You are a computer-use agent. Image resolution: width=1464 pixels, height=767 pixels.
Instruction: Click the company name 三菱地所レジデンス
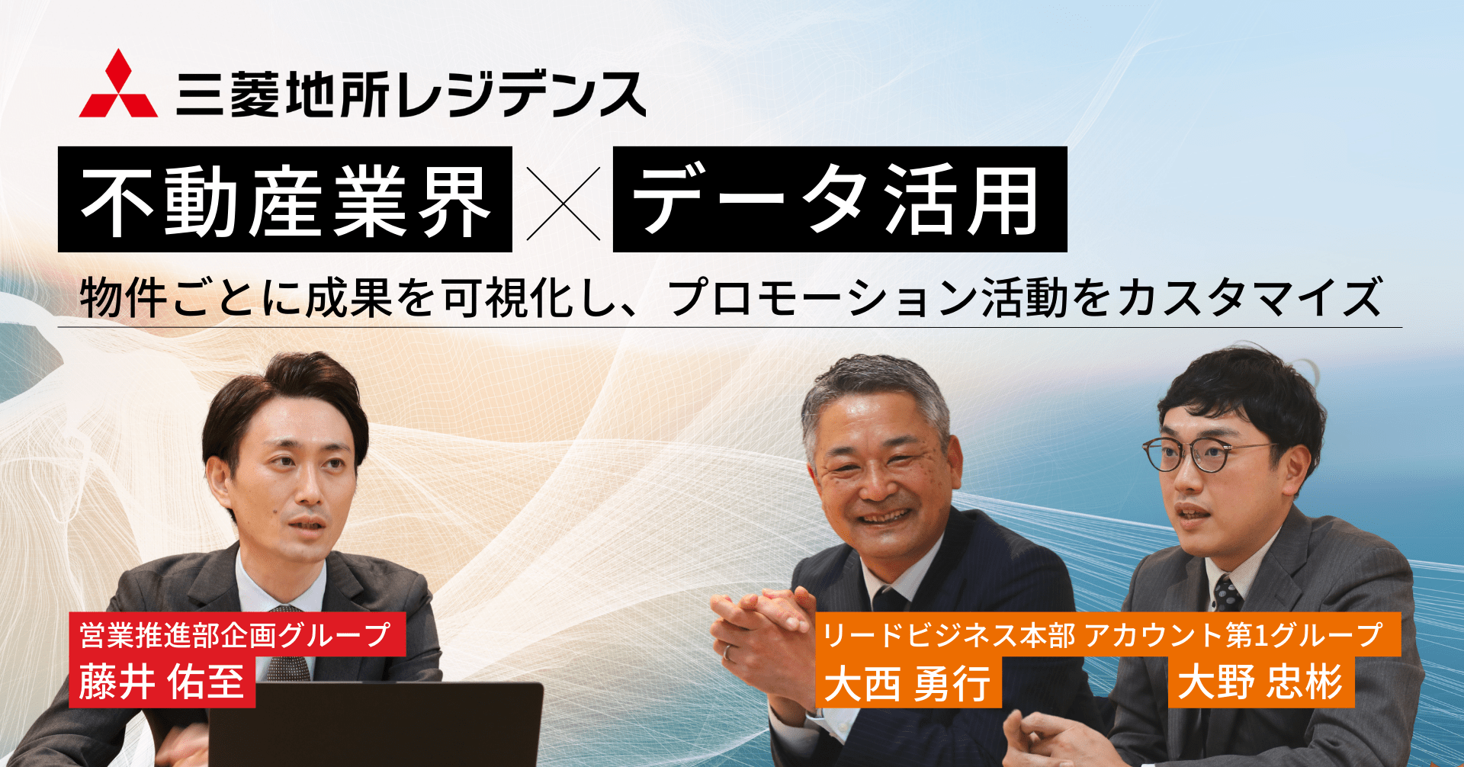tap(411, 95)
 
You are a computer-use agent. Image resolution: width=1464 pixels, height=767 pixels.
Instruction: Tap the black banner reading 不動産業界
tap(285, 199)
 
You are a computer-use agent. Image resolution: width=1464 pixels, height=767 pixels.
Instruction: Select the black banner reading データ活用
tap(840, 199)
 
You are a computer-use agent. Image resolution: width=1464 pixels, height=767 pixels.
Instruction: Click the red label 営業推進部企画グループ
tap(237, 634)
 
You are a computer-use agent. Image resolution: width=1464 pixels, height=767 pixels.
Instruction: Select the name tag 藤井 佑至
tap(162, 682)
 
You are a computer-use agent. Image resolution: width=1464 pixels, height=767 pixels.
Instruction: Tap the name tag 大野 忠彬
tap(1261, 682)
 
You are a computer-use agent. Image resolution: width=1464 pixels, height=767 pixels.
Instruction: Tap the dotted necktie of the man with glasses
tap(1227, 593)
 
